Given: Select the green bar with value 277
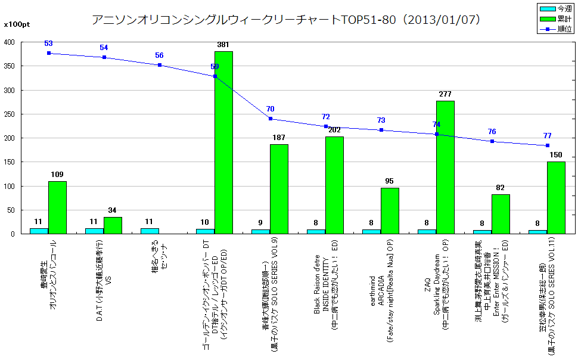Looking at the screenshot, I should coord(445,167).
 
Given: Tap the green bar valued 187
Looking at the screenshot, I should coord(279,189).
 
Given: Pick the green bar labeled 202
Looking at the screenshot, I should coord(334,185).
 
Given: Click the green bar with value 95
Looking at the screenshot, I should coord(390,211).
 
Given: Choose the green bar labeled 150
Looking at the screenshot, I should coord(556,198).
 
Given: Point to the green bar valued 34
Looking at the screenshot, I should coord(113,225).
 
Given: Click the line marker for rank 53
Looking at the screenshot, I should coord(49,53).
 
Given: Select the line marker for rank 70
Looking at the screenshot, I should coord(271,119).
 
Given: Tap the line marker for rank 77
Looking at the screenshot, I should coord(547,145).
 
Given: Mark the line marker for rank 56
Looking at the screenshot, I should coord(160,65).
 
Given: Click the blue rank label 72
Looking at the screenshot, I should coord(325,117).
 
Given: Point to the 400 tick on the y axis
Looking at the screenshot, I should coord(10,42).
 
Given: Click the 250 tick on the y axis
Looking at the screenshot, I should coord(10,114).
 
